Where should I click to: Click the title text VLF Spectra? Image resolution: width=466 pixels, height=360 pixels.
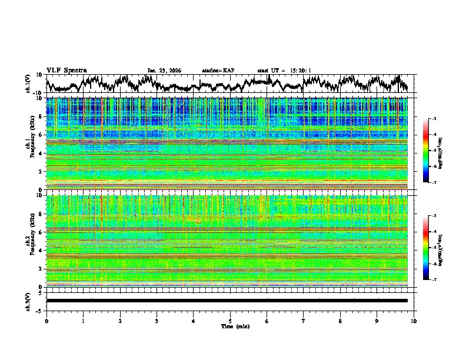click(66, 70)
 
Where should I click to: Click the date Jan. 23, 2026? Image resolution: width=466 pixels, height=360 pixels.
click(164, 71)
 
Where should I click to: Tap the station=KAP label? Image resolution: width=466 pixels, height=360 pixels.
click(218, 71)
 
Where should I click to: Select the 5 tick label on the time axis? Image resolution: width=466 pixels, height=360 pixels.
click(230, 321)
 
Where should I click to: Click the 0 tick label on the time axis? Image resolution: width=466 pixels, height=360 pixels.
click(46, 321)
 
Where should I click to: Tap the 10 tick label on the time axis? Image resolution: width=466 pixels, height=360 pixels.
click(414, 321)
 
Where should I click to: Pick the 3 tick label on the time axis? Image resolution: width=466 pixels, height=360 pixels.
click(157, 321)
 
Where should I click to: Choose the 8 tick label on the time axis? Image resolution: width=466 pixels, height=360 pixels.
click(340, 321)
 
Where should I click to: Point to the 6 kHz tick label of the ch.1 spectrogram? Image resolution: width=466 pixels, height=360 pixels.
click(40, 135)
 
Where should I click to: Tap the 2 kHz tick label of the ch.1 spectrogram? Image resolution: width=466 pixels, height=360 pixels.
click(40, 172)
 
